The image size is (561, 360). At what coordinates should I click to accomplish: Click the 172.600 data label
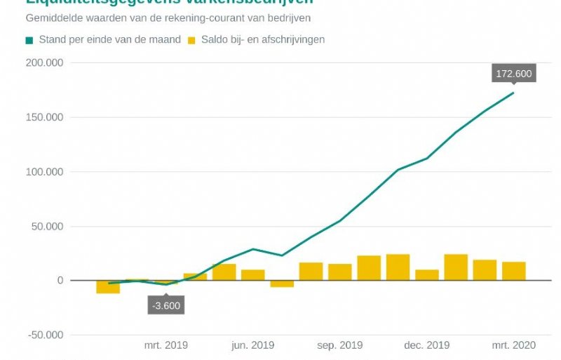pyautogui.click(x=513, y=73)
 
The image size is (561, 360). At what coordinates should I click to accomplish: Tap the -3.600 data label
pyautogui.click(x=166, y=305)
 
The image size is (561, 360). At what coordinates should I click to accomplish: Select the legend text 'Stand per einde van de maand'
pyautogui.click(x=110, y=39)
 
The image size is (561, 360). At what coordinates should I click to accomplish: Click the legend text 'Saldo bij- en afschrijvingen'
pyautogui.click(x=263, y=39)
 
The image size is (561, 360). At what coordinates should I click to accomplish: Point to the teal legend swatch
pyautogui.click(x=29, y=40)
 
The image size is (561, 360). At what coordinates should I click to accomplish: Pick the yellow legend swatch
pyautogui.click(x=191, y=40)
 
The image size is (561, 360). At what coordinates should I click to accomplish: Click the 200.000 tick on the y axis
pyautogui.click(x=44, y=63)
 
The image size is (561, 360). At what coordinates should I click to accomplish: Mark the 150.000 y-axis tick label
pyautogui.click(x=44, y=117)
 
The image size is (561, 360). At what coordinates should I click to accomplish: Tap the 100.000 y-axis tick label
pyautogui.click(x=44, y=172)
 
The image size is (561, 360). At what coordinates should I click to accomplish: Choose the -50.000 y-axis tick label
pyautogui.click(x=46, y=335)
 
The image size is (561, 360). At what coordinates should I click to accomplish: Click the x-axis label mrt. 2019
pyautogui.click(x=166, y=345)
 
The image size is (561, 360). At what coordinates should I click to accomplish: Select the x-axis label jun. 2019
pyautogui.click(x=253, y=345)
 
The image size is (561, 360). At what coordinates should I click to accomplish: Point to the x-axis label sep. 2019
pyautogui.click(x=340, y=345)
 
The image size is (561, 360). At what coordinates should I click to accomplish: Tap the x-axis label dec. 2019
pyautogui.click(x=427, y=345)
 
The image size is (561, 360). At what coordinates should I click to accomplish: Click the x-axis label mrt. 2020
pyautogui.click(x=514, y=345)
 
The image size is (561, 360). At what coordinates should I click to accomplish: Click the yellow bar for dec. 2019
pyautogui.click(x=427, y=275)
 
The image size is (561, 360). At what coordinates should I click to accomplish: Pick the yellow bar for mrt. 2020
pyautogui.click(x=514, y=271)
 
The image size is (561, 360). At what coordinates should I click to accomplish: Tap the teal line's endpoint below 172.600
pyautogui.click(x=513, y=93)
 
